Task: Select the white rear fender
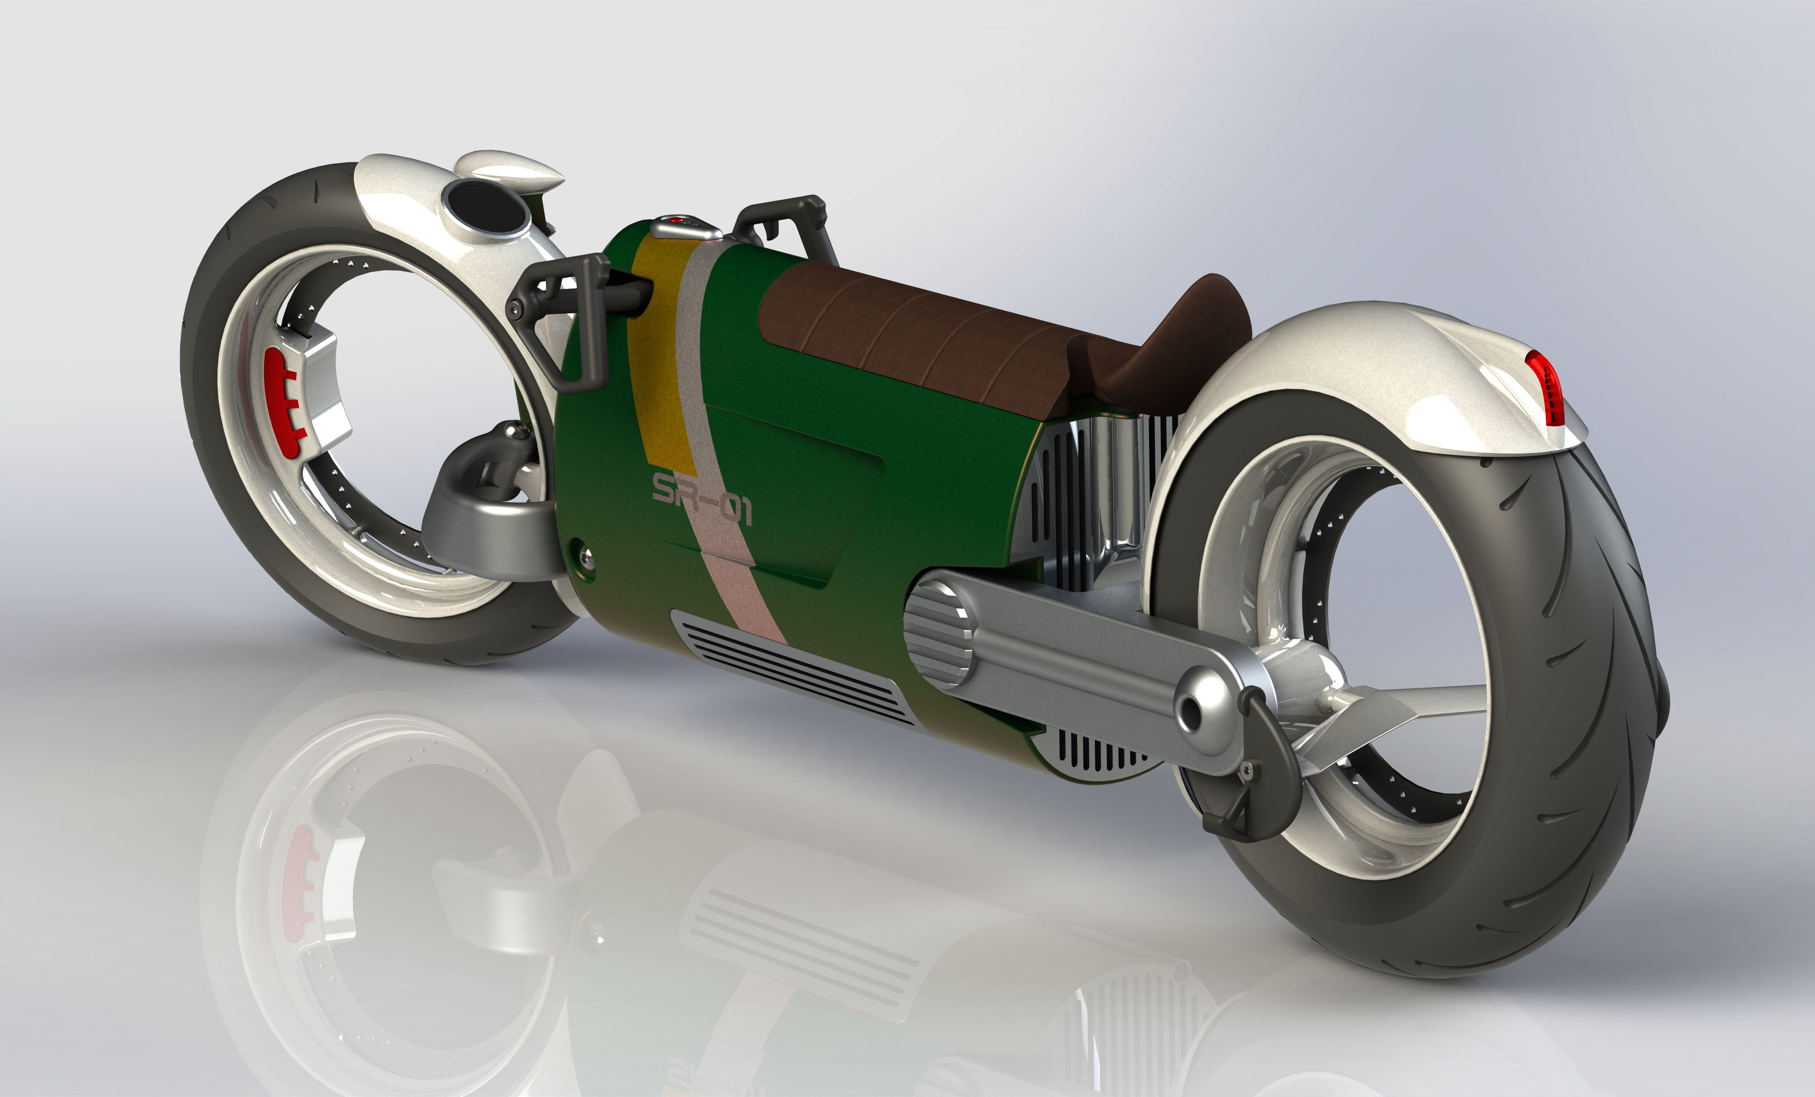click(1363, 368)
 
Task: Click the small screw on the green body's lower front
click(585, 552)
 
